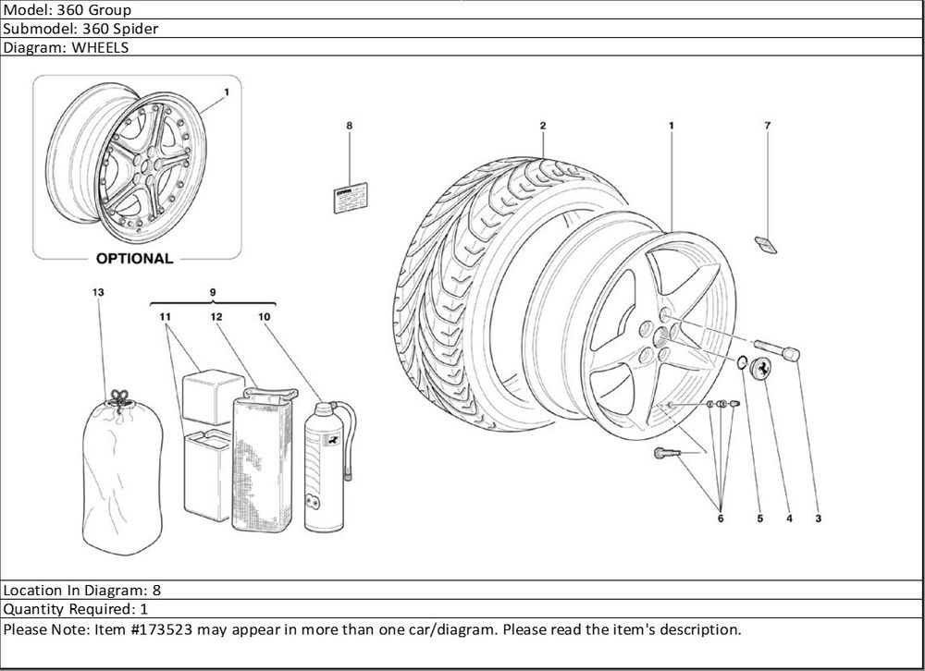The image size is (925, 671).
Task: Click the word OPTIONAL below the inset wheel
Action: (x=134, y=259)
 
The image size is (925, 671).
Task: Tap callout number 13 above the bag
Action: (x=98, y=292)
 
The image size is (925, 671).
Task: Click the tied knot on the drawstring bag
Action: (x=117, y=398)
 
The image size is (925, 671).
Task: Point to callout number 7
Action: (x=768, y=125)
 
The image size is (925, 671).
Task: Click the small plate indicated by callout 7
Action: (x=766, y=244)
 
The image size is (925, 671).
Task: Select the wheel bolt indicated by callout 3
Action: (x=777, y=351)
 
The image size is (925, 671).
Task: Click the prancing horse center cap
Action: (x=762, y=367)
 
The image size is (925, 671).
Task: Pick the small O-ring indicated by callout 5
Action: (x=742, y=360)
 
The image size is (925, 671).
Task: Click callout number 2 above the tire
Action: (x=543, y=125)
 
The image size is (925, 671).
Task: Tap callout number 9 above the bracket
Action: (x=213, y=292)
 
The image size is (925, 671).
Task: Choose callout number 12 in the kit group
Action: (x=215, y=317)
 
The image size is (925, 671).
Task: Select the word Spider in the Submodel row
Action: (x=137, y=29)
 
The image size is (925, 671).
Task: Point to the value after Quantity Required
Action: (x=143, y=609)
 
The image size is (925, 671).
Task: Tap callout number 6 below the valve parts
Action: (x=720, y=518)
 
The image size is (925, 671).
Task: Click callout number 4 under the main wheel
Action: (x=789, y=518)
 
